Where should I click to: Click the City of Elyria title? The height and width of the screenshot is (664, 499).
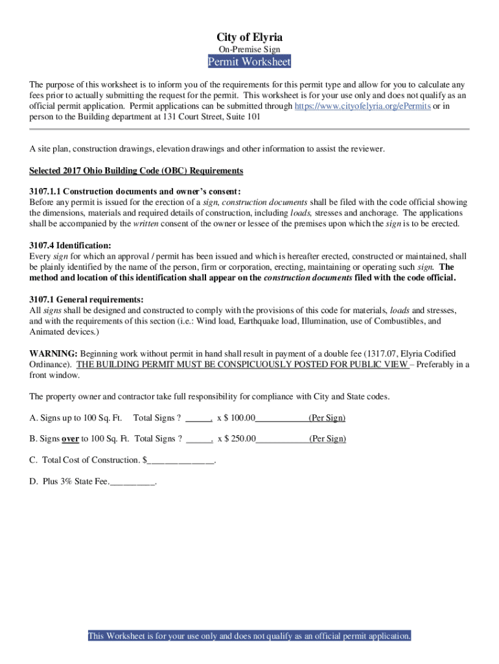click(x=250, y=37)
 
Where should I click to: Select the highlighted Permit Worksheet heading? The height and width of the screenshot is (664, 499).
click(x=250, y=62)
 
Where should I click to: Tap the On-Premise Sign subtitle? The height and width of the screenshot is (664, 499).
click(x=250, y=49)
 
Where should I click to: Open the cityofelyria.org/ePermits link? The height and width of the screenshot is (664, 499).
click(x=362, y=106)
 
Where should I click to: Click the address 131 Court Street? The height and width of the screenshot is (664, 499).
click(x=194, y=117)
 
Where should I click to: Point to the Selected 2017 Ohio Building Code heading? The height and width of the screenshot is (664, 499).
click(x=136, y=171)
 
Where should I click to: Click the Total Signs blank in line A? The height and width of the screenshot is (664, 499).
click(x=198, y=418)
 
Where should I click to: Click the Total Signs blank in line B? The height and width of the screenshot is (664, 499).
click(x=199, y=439)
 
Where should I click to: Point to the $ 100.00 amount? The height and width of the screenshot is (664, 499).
click(x=240, y=418)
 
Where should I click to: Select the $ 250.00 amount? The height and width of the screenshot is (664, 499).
click(x=240, y=439)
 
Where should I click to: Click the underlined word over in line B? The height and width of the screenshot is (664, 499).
click(x=70, y=439)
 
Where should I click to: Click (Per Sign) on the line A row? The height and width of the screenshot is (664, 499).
click(x=327, y=418)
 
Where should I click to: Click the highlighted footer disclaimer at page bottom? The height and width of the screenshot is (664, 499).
click(x=250, y=636)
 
